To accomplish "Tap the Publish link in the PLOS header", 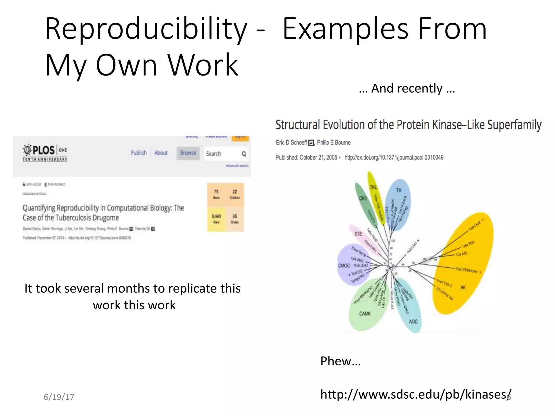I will tap(138, 153).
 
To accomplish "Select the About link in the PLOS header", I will tap(161, 153).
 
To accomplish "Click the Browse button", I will tap(188, 153).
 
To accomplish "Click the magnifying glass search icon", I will tap(244, 154).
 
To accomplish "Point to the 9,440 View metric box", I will tap(216, 219).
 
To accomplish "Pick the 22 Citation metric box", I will tap(235, 194).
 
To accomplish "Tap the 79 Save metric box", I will tap(216, 194).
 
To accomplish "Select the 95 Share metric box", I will tap(235, 219).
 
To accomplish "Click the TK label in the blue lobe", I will tap(399, 190).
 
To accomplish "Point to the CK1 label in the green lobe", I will tap(363, 198).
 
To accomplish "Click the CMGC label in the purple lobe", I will tap(344, 265).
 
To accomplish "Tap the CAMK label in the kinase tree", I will tap(365, 314).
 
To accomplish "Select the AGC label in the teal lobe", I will tap(413, 321).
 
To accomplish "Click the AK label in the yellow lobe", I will tap(463, 287).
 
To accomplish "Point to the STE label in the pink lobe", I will tap(358, 234).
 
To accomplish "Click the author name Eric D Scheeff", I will tap(291, 142).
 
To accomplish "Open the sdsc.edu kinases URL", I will tap(415, 394).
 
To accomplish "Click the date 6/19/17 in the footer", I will tap(59, 397).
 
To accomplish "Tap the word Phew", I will tap(340, 361).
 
